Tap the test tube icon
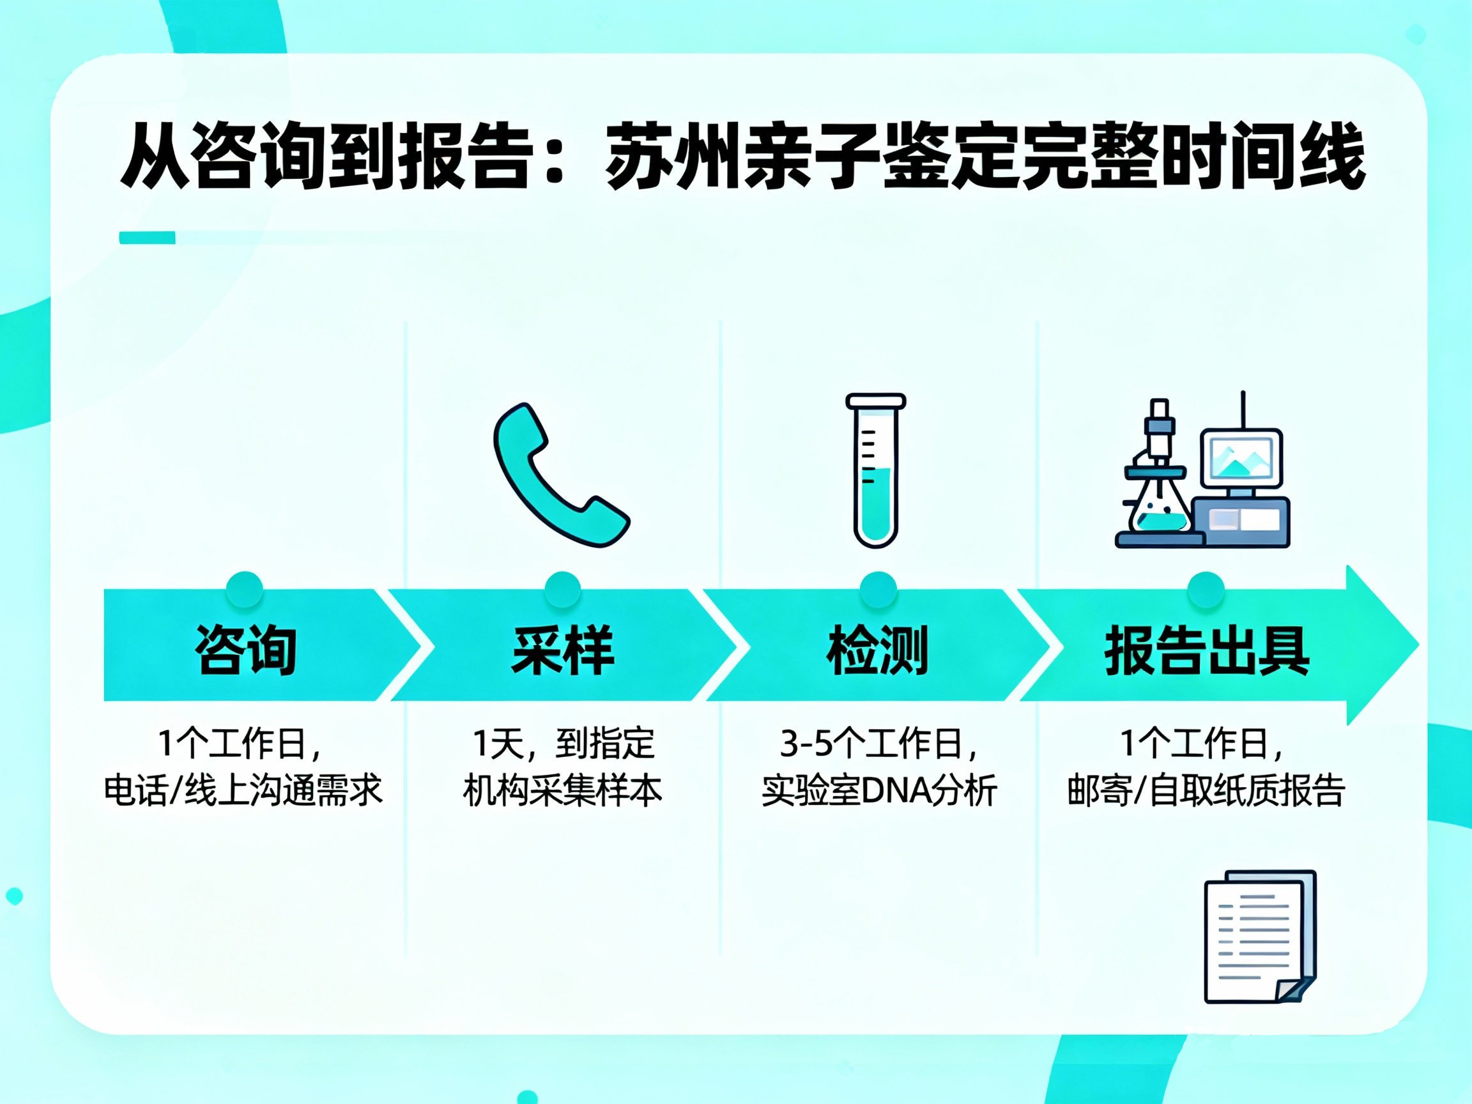[x=876, y=470]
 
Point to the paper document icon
[x=1261, y=937]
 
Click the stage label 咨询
[x=245, y=650]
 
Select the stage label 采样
[x=562, y=650]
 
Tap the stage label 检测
[x=877, y=650]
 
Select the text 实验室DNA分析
[x=879, y=790]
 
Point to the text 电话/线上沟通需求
[x=243, y=790]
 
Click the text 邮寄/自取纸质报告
[x=1206, y=790]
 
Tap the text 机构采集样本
[x=562, y=790]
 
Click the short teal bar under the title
[x=147, y=238]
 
